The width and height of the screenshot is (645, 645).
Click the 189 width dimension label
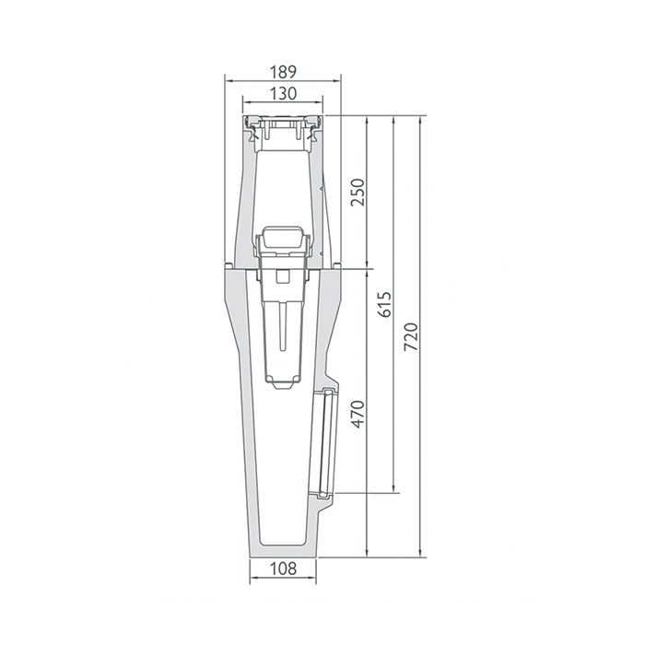[283, 72]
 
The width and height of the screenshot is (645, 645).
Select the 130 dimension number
[283, 94]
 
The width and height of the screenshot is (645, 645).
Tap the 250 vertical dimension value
[358, 192]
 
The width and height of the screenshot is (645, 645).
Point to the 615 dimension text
[384, 305]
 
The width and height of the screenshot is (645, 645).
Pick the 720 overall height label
[411, 337]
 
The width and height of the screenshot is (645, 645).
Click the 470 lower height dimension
[358, 414]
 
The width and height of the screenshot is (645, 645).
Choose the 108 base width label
[283, 569]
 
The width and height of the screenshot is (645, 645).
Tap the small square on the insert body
[283, 276]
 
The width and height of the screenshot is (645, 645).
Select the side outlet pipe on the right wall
[327, 441]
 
